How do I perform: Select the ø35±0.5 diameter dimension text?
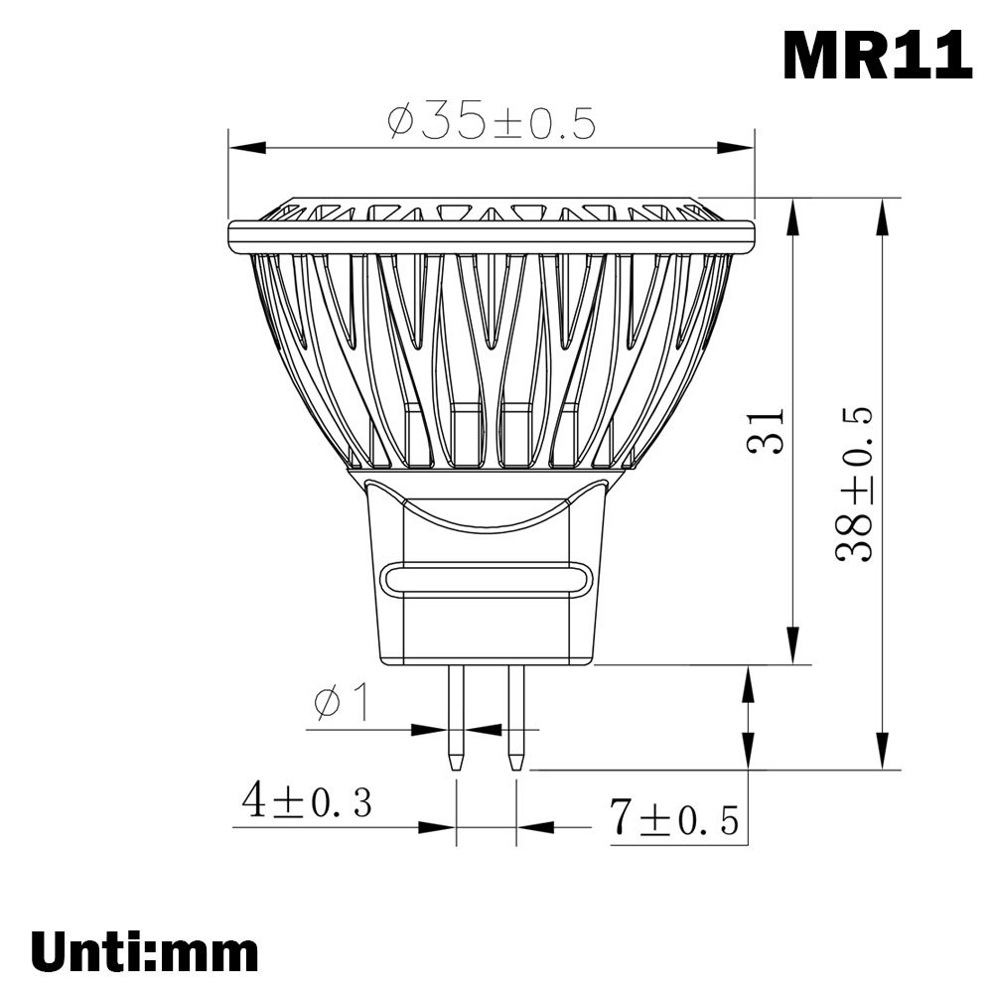pyautogui.click(x=492, y=123)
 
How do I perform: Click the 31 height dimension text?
pyautogui.click(x=766, y=431)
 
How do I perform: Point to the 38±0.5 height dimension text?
pyautogui.click(x=853, y=485)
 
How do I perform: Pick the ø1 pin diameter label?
pyautogui.click(x=342, y=703)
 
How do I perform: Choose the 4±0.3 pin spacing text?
pyautogui.click(x=307, y=801)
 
